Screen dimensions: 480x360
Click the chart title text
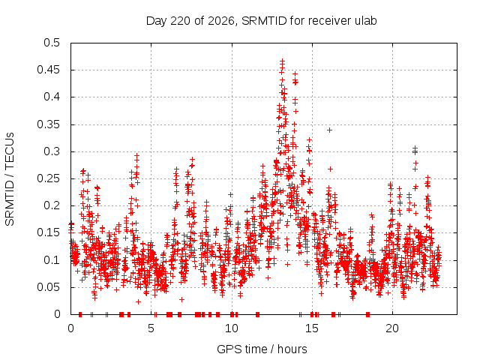261,21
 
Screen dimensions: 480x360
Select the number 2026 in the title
221,21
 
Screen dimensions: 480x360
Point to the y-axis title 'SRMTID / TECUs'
10,179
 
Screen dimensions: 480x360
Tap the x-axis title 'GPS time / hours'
262,349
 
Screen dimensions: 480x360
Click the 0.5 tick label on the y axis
52,43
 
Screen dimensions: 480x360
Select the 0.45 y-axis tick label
48,70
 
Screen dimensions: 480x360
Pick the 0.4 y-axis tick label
52,97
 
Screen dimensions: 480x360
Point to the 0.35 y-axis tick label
48,124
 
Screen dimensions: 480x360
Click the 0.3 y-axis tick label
52,151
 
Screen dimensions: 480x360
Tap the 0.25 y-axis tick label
48,178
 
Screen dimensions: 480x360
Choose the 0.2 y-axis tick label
52,205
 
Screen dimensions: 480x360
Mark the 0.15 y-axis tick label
48,232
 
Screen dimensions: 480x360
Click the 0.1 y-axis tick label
52,260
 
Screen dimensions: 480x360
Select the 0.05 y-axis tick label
48,287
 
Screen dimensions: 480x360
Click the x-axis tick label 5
151,328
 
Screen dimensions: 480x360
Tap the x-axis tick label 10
232,328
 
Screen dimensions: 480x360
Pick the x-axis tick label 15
312,328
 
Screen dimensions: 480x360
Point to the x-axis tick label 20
392,328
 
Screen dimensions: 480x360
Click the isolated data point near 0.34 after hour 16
329,130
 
